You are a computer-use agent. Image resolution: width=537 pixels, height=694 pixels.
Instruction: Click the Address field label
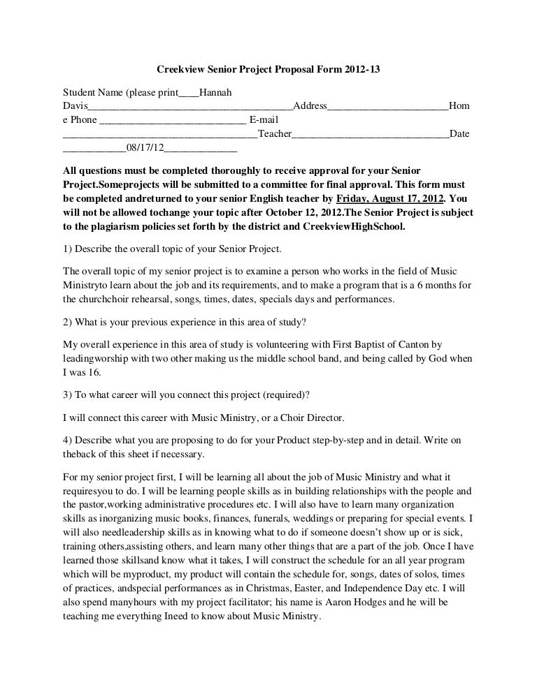pyautogui.click(x=310, y=106)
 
